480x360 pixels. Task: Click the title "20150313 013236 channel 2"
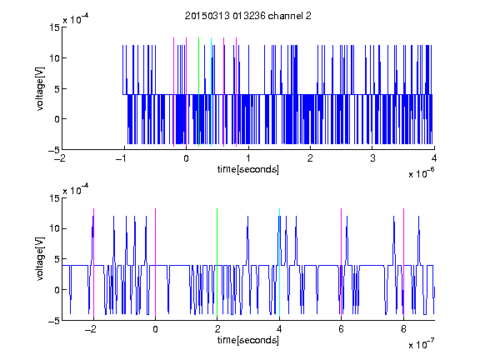point(248,16)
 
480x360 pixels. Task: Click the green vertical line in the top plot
point(198,92)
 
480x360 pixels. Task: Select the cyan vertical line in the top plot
point(211,92)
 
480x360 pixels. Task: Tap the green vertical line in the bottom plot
point(217,262)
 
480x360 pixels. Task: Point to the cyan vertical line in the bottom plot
point(279,262)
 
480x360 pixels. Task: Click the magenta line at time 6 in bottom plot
point(342,262)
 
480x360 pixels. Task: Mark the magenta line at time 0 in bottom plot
point(156,262)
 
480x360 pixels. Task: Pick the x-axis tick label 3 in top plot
point(372,158)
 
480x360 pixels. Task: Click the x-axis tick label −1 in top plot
point(122,158)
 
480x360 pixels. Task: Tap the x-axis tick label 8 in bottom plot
point(403,329)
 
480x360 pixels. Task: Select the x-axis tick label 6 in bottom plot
point(342,329)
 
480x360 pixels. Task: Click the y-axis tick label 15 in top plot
point(54,27)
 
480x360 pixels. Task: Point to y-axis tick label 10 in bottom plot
point(54,228)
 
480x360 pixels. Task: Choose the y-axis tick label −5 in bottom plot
point(54,321)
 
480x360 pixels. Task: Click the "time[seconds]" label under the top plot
point(248,169)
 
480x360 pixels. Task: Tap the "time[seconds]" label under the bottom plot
point(248,340)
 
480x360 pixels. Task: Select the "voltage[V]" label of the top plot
point(40,88)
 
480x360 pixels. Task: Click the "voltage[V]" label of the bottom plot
point(40,259)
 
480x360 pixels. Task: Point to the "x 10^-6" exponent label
point(421,173)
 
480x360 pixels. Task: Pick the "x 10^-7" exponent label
point(421,344)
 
